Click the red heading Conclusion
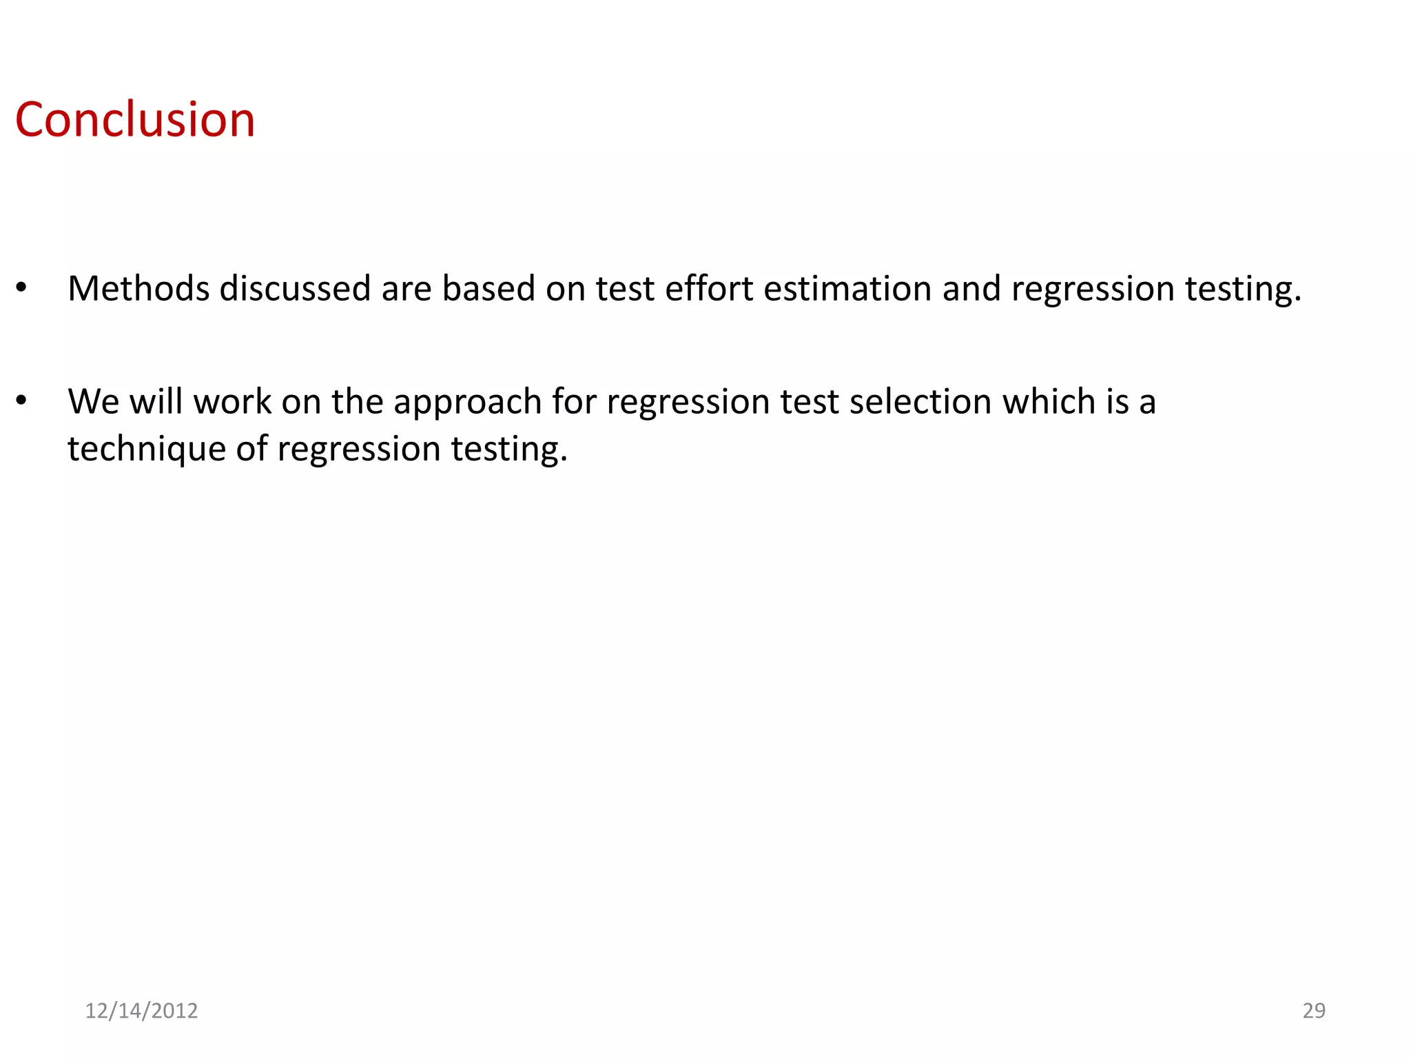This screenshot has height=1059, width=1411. point(135,120)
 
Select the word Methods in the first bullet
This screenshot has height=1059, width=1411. point(138,288)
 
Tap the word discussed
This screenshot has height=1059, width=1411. point(295,288)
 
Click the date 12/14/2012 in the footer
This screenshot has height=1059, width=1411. point(141,1011)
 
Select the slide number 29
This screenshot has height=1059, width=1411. point(1314,1011)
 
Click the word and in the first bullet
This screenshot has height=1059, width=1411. point(971,288)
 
